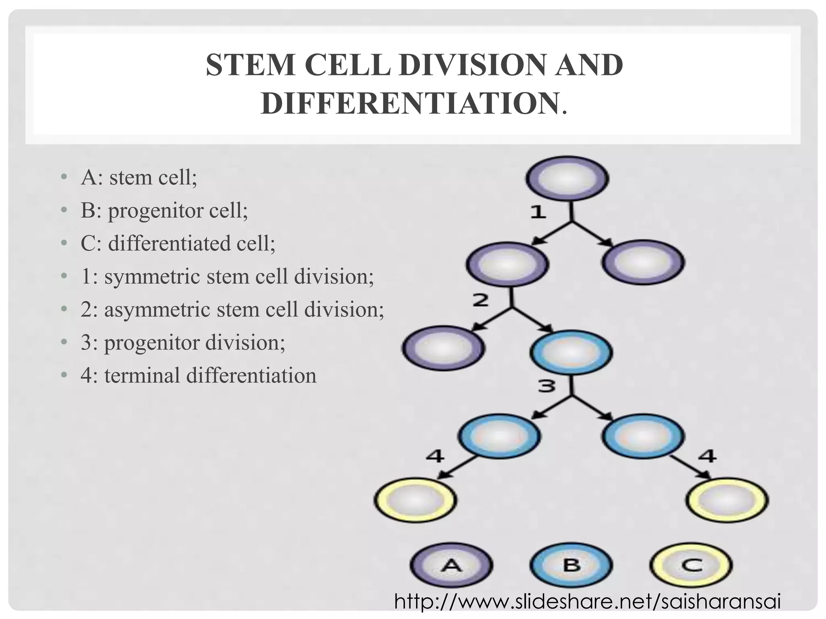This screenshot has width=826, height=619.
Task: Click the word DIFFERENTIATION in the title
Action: point(409,103)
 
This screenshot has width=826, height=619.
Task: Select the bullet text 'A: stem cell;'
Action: point(139,177)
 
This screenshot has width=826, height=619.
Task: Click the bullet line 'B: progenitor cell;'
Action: point(164,210)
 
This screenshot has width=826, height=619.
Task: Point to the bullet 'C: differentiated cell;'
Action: point(177,243)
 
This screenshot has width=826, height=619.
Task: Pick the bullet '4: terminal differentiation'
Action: point(198,376)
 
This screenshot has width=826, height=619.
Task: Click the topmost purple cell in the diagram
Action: point(567,179)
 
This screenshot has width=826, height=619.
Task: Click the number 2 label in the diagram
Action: point(480,300)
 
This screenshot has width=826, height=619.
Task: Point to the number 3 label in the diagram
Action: point(547,386)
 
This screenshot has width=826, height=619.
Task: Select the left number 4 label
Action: point(435,456)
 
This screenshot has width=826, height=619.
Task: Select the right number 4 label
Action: point(707,456)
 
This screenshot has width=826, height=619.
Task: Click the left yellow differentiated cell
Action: point(415,500)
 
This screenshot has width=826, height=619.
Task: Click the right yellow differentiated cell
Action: point(727,500)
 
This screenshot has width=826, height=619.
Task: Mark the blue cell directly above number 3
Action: point(571,353)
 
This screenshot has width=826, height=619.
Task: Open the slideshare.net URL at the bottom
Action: point(587,602)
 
